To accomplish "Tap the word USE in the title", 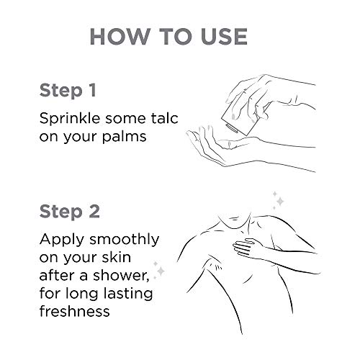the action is (x=224, y=37).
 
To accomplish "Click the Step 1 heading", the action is (x=68, y=91).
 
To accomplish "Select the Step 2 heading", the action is (x=69, y=212).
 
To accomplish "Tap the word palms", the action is (x=124, y=137).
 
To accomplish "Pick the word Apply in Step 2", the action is (x=62, y=240).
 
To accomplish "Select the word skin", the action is (x=117, y=257).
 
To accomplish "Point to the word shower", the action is (x=121, y=275).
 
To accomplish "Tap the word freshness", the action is (x=75, y=311).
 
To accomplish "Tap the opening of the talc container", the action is (x=231, y=128).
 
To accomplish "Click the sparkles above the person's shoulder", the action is (x=279, y=200).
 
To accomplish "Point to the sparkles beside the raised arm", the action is (x=159, y=270).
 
